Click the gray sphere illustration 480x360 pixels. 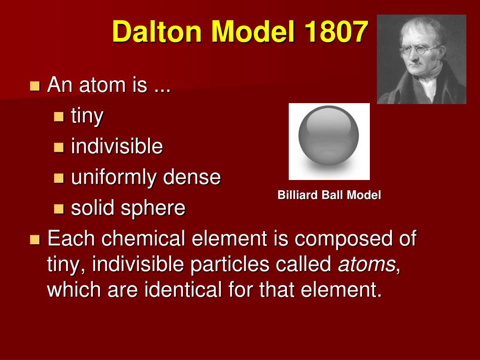click(329, 136)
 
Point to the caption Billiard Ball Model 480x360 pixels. click(329, 195)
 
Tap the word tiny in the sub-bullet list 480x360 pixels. click(87, 116)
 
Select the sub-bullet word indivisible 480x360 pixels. click(117, 146)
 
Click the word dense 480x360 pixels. click(192, 177)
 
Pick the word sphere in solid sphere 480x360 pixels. click(153, 209)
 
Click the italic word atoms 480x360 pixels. click(367, 264)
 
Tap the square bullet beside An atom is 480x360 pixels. click(35, 86)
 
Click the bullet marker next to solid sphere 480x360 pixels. click(59, 209)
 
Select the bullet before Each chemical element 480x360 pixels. click(35, 240)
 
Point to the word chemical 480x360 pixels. click(143, 238)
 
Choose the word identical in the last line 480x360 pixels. click(183, 289)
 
